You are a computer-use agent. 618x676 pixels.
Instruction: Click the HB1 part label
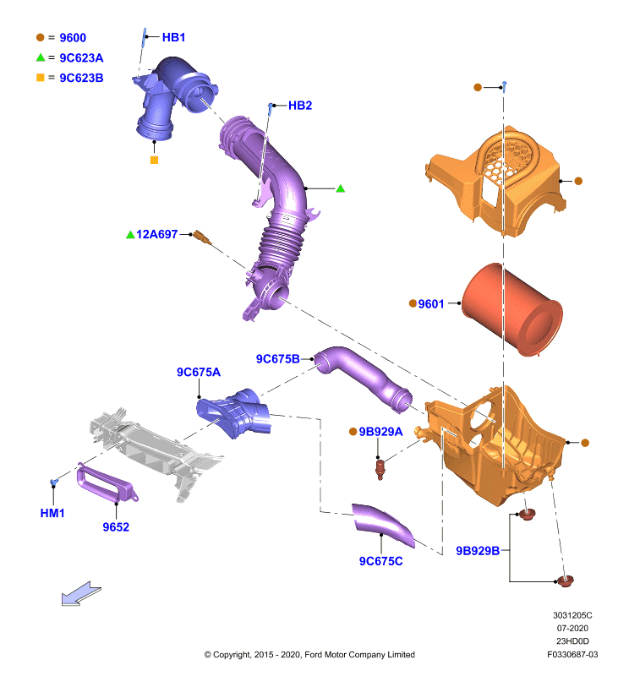[173, 37]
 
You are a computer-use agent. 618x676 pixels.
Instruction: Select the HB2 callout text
[300, 106]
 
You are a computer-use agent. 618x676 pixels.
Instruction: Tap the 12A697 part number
[156, 235]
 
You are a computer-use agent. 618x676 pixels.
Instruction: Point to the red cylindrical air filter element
[512, 309]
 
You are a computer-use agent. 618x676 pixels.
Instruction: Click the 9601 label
[431, 304]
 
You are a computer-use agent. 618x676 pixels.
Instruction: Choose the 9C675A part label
[199, 372]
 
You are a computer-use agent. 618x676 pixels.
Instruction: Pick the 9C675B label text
[278, 359]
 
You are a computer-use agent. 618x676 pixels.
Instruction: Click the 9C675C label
[380, 561]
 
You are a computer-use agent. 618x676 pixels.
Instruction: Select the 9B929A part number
[380, 432]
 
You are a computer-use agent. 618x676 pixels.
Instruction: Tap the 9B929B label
[478, 551]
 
